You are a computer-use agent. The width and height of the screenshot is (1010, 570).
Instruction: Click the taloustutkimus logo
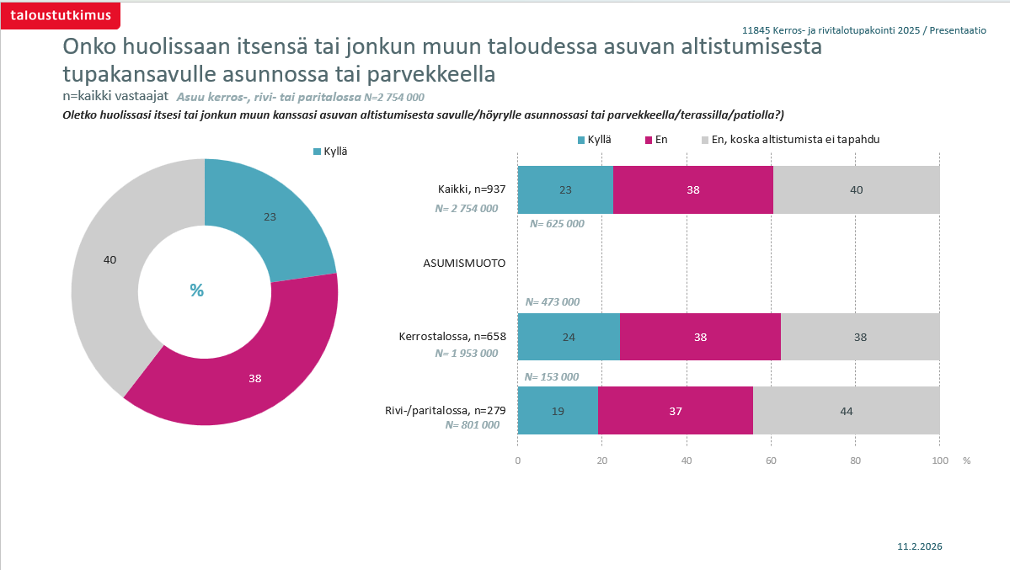point(60,15)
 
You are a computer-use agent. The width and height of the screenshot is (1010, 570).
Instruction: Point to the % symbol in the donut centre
point(196,290)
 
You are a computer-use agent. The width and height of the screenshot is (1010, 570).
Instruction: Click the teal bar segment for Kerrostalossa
point(569,337)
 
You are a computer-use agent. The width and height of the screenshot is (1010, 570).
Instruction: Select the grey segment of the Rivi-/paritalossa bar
point(846,411)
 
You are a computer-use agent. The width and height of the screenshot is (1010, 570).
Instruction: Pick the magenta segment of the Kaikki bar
point(692,189)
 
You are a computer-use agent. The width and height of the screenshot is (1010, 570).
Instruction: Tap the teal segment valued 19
point(558,411)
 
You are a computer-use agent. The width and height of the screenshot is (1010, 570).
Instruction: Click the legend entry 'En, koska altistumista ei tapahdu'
point(794,140)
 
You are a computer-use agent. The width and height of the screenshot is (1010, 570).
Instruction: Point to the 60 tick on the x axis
point(771,461)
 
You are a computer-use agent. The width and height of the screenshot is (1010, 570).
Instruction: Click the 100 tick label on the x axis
point(939,461)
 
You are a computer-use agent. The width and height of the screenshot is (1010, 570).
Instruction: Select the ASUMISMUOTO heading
point(464,263)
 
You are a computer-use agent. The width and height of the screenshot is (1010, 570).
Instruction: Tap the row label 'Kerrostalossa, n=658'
point(452,337)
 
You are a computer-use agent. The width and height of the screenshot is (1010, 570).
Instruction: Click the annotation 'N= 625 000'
point(557,224)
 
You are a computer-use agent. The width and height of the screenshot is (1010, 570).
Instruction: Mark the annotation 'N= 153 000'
point(552,377)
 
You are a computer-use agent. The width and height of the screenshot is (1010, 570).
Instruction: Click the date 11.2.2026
point(920,546)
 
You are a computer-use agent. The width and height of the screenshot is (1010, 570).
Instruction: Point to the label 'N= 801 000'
point(472,425)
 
